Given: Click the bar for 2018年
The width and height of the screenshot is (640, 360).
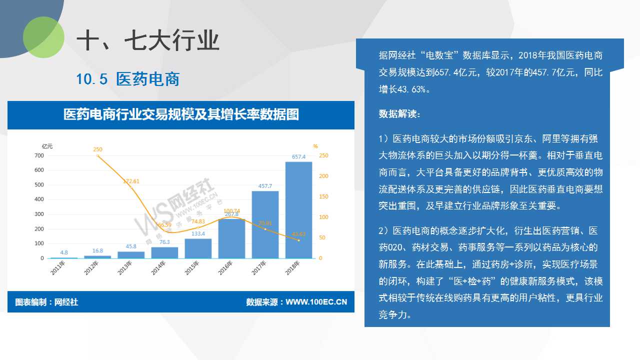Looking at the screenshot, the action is [x=298, y=210].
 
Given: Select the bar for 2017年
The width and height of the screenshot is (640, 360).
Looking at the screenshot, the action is [x=265, y=224].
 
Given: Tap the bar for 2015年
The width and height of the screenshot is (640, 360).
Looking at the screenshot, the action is [x=198, y=248].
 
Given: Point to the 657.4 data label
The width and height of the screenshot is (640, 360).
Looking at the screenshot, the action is [x=298, y=156].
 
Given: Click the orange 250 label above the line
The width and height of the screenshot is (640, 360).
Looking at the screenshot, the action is [x=97, y=149].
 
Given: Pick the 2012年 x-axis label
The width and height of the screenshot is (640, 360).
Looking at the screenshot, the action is [x=91, y=267].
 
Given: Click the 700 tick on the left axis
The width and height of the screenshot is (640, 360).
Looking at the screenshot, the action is [x=39, y=155].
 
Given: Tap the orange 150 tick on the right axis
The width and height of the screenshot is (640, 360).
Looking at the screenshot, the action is [x=323, y=196].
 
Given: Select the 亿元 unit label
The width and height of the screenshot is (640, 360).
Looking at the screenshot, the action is [x=47, y=146].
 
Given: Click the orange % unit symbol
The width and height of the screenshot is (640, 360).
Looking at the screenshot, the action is [x=315, y=146].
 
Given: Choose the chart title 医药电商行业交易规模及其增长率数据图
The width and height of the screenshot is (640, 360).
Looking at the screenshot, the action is [x=181, y=114].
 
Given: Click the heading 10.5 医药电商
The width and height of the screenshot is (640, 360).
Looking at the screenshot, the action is [x=127, y=79].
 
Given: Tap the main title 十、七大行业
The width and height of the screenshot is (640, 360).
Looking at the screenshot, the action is [x=147, y=40].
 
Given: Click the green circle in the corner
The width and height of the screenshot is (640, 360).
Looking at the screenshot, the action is [x=43, y=37].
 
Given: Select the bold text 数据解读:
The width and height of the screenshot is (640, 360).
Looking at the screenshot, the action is [x=399, y=114].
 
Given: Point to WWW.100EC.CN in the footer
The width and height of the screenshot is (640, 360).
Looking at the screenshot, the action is [x=316, y=302].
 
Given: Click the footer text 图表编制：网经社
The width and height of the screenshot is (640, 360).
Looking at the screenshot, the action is [x=46, y=302].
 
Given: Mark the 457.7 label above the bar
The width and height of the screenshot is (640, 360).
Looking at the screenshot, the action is [x=265, y=186].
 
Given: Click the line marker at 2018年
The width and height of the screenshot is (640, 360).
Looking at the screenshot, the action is [x=299, y=240].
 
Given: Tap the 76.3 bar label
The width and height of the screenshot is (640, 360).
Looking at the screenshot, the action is [x=164, y=242].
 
